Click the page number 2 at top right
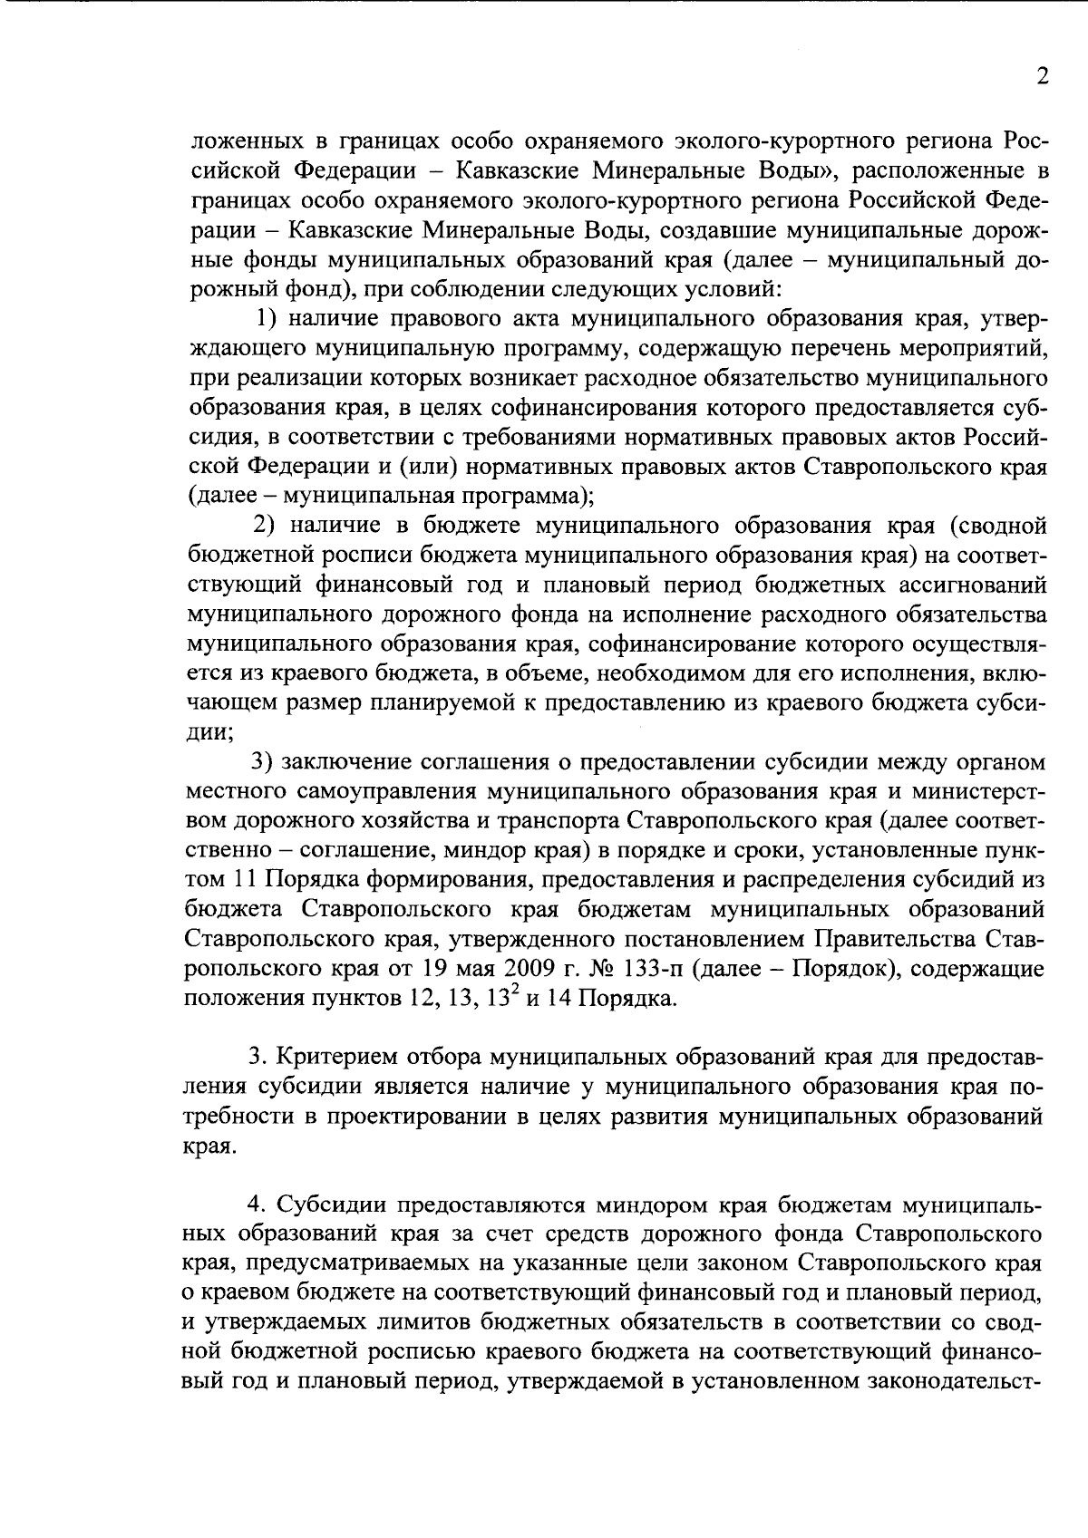tap(1043, 77)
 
